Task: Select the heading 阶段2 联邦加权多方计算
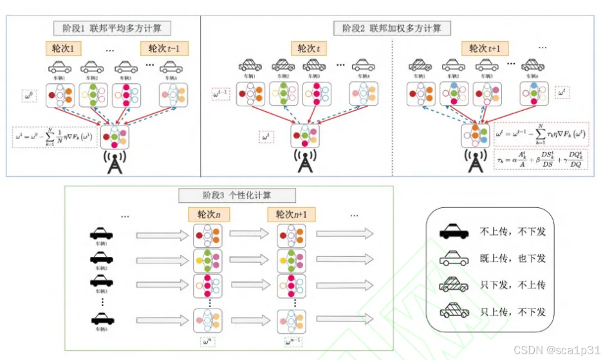pos(393,28)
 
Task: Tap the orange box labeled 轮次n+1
pos(290,214)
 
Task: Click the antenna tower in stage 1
pos(113,162)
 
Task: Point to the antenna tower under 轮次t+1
pos(476,162)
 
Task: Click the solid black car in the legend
pos(456,231)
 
